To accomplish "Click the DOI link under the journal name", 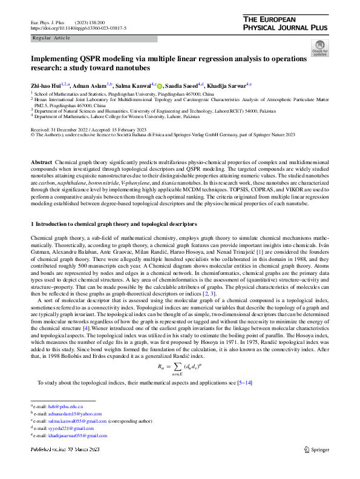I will (x=65, y=28).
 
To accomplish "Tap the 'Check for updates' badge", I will (x=319, y=48).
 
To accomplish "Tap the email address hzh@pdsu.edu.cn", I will (x=66, y=406).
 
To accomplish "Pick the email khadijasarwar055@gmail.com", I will (x=79, y=435).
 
